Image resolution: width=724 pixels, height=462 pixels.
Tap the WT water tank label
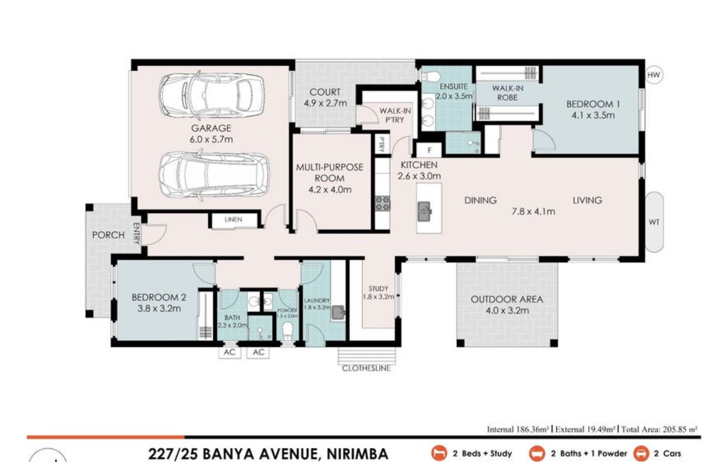(x=654, y=222)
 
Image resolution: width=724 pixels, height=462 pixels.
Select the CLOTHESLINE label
(x=366, y=368)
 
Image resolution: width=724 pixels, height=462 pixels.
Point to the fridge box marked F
(x=429, y=150)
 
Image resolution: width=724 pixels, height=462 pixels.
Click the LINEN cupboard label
(x=233, y=220)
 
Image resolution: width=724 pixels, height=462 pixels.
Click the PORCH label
(x=108, y=235)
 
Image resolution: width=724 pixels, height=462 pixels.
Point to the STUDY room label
(x=378, y=289)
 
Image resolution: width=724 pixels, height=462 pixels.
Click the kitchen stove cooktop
(x=382, y=203)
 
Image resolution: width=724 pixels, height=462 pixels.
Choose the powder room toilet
(x=286, y=330)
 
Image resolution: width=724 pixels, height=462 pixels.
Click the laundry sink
(x=338, y=312)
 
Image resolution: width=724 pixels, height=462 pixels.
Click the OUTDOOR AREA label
(x=507, y=299)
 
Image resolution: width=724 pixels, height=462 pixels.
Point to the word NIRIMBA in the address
(x=357, y=454)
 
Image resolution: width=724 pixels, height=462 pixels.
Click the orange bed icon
(x=438, y=453)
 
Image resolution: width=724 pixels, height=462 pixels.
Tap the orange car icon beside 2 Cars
(x=641, y=453)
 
